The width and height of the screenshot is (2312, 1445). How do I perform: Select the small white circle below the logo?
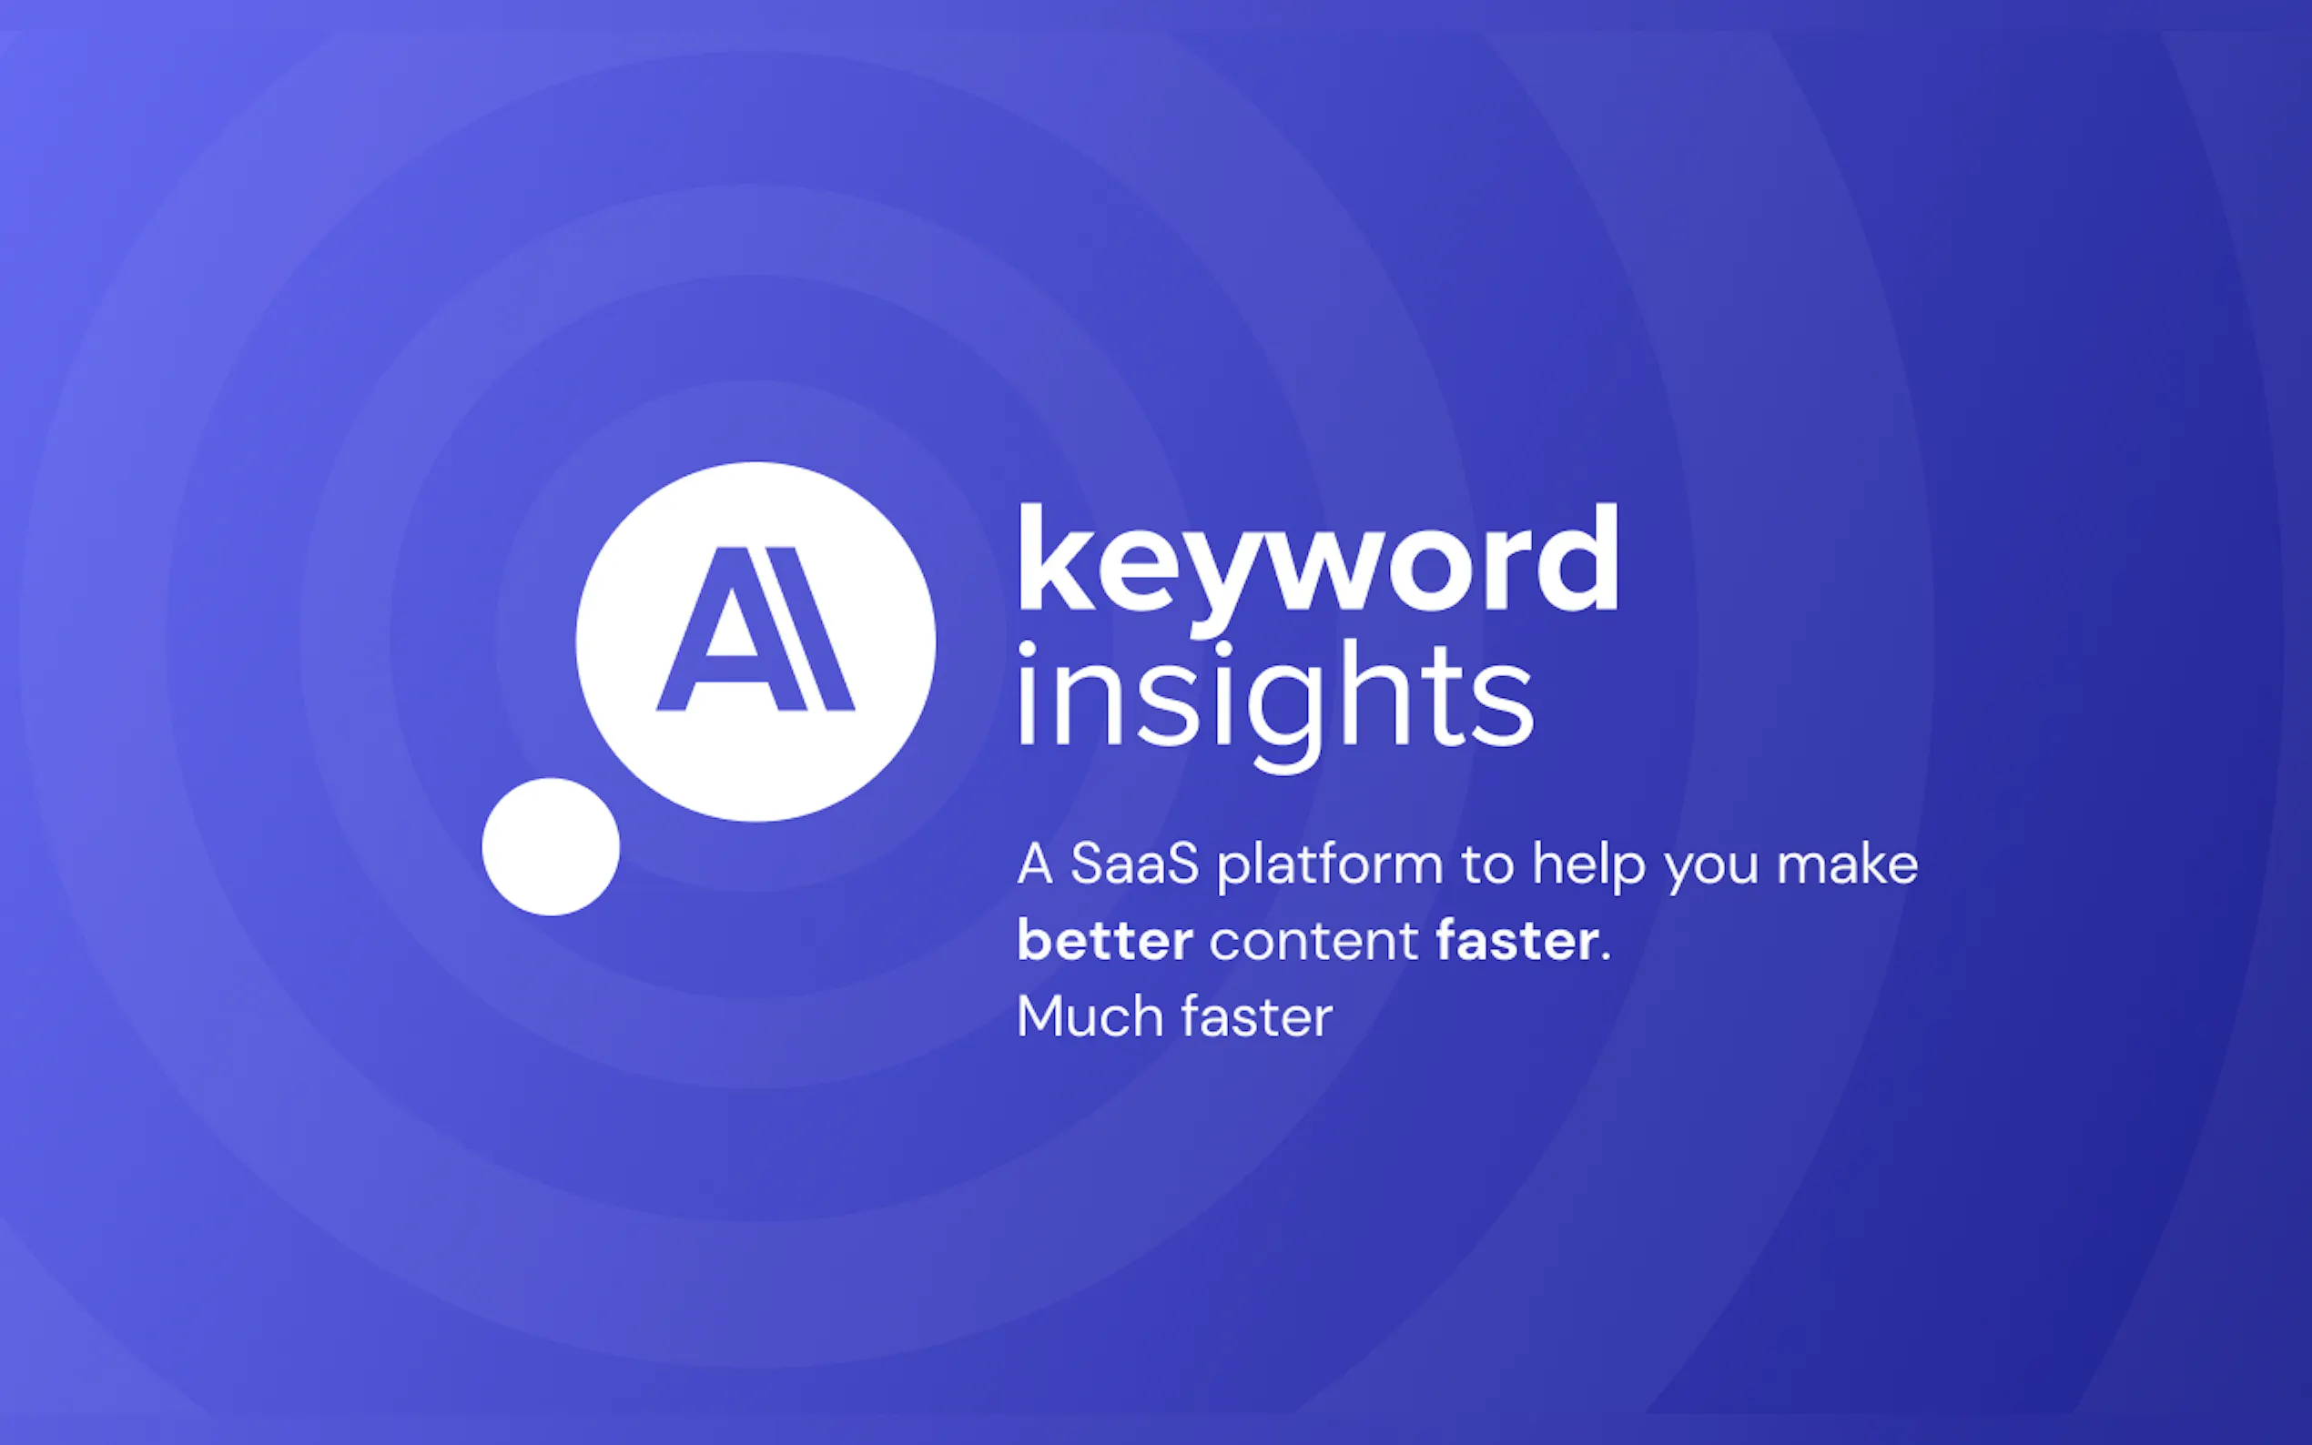coord(551,847)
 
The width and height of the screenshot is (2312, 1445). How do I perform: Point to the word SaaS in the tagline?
coord(1133,864)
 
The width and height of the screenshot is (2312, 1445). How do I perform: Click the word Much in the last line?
coord(1090,1016)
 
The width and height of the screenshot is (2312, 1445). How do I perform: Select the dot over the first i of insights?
coord(1028,650)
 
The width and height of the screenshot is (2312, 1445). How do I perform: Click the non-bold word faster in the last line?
coord(1256,1016)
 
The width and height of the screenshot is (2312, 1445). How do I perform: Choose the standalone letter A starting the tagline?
coord(1034,864)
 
